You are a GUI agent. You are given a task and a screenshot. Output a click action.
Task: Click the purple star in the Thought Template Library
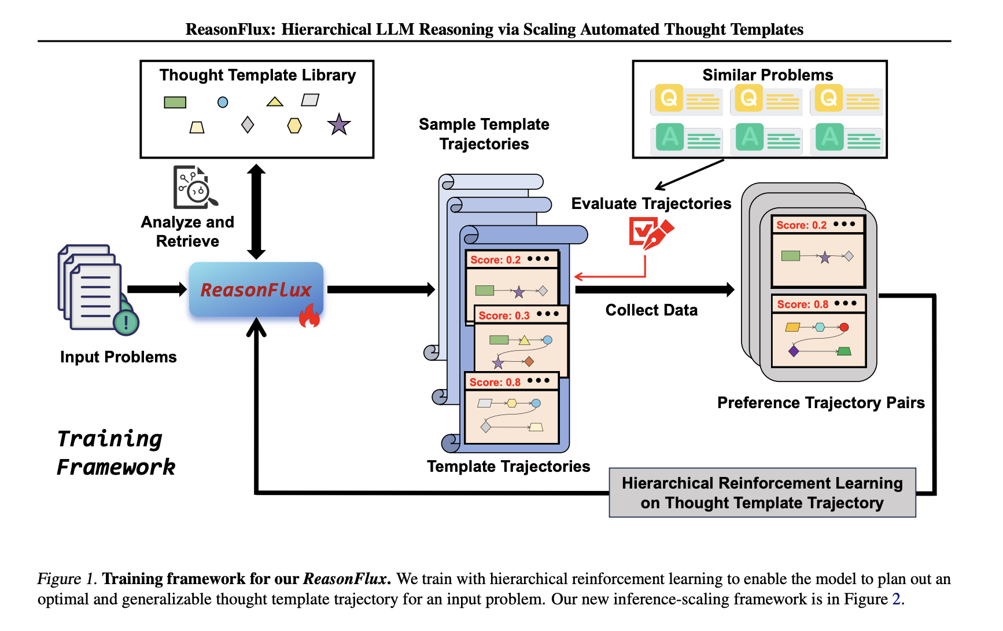[x=339, y=124]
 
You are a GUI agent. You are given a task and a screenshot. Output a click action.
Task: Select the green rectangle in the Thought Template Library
[x=175, y=102]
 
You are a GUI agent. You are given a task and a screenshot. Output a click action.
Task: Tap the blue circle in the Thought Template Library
[x=223, y=102]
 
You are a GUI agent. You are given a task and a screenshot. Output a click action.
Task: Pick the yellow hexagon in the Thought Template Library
[x=294, y=126]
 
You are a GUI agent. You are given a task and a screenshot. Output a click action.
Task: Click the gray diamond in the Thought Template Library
[x=248, y=124]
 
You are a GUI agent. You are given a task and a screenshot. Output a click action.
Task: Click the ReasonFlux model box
[x=256, y=289]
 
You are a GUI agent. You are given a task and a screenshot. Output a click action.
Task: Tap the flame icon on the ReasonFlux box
[x=309, y=317]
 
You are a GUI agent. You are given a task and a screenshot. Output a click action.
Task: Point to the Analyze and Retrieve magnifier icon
[x=194, y=188]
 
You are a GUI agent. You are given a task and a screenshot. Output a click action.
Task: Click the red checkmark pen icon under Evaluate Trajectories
[x=650, y=233]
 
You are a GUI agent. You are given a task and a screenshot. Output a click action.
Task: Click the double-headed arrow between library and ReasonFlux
[x=256, y=211]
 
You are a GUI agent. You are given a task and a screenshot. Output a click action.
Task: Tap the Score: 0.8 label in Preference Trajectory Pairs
[x=802, y=305]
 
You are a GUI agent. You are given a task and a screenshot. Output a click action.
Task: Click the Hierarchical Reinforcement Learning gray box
[x=762, y=493]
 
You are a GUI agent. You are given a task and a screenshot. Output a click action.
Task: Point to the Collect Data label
[x=651, y=310]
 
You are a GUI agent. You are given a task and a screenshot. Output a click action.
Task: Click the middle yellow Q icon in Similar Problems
[x=748, y=98]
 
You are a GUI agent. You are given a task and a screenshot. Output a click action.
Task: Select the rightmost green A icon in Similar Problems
[x=829, y=137]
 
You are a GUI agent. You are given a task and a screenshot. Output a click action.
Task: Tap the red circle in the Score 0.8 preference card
[x=844, y=328]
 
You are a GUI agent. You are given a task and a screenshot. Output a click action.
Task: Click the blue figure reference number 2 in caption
[x=896, y=599]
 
